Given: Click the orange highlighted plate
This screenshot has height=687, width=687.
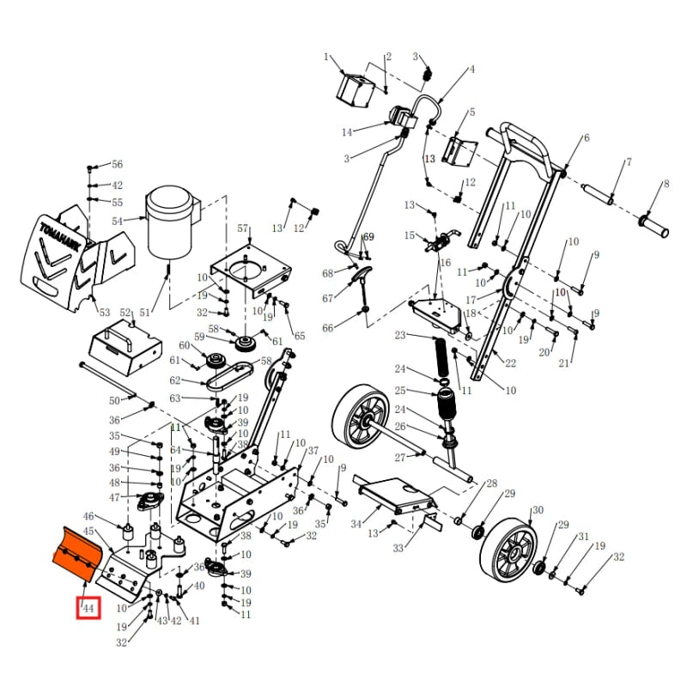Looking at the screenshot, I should click(x=76, y=555).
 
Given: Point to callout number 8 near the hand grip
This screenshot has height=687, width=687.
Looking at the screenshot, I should click(x=665, y=184).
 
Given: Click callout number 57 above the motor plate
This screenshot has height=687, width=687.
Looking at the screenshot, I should click(x=242, y=228).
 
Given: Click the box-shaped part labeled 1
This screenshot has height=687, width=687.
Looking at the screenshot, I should click(x=356, y=88).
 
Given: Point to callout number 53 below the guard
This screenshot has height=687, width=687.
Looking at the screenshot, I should click(x=105, y=312).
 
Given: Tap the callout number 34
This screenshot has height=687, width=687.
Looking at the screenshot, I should click(x=356, y=524).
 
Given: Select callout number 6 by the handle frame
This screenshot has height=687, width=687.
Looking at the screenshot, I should click(x=587, y=138).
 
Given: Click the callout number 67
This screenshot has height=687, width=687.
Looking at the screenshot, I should click(x=327, y=299).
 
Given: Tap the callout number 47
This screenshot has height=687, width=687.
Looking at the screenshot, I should click(x=114, y=497).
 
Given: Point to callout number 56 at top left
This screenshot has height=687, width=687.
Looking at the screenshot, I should click(x=117, y=164).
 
